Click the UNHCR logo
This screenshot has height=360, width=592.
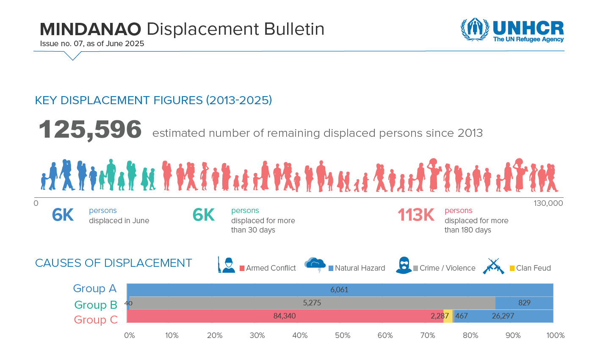(512, 30)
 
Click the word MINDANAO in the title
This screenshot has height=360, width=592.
(90, 29)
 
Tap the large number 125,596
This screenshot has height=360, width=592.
(90, 130)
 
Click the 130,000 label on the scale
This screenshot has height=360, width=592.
(548, 203)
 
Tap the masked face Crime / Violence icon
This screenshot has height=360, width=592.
(404, 266)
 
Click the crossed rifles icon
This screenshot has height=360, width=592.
(493, 266)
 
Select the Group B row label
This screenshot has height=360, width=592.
(96, 305)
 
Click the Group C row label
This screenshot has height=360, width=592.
(96, 320)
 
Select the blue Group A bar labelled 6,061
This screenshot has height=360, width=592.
(340, 290)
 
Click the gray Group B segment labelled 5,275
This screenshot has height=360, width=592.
(312, 303)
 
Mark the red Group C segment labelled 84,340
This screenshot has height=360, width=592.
(285, 316)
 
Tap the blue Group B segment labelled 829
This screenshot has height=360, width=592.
(524, 303)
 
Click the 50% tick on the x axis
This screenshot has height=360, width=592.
(343, 335)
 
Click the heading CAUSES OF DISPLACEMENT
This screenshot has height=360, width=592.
(113, 263)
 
